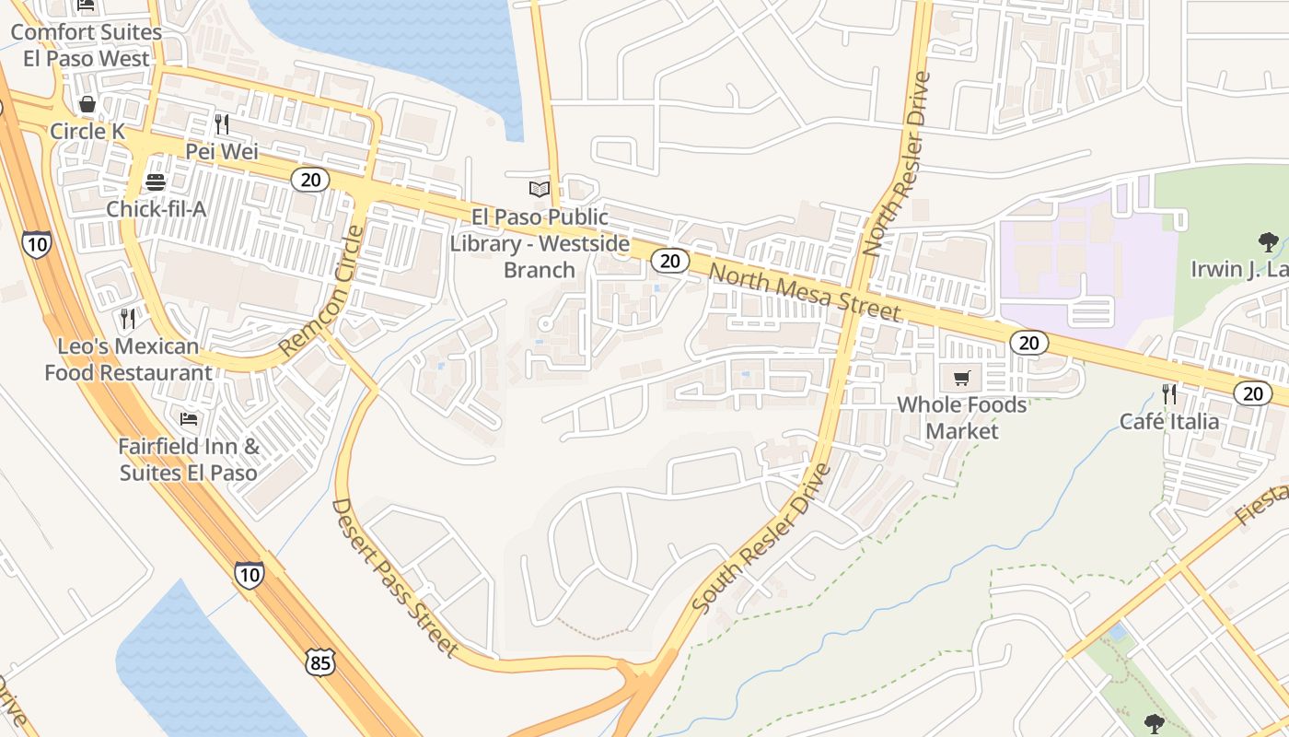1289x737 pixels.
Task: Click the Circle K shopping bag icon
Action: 87,104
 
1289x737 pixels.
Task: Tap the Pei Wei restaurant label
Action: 222,151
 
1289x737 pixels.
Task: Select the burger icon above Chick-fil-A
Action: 156,181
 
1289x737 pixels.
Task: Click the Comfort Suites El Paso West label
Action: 86,45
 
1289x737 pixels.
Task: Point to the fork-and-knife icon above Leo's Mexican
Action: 128,319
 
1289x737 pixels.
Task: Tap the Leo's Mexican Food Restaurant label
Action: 128,359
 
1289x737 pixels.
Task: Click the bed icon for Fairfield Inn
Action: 189,419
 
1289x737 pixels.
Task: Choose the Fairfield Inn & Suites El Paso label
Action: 189,460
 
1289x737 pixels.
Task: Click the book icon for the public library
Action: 540,189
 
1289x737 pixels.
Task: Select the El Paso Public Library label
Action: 540,243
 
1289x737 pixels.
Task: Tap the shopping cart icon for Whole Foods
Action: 962,378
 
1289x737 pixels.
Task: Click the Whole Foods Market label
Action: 962,417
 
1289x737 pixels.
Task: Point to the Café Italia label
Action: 1169,421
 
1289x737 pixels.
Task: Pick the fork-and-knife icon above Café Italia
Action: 1169,394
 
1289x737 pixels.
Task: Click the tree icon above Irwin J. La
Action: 1268,242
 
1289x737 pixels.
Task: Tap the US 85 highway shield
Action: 320,661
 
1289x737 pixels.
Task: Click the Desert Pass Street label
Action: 395,579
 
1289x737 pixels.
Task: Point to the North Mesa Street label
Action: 805,293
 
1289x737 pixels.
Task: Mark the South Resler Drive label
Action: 761,539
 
